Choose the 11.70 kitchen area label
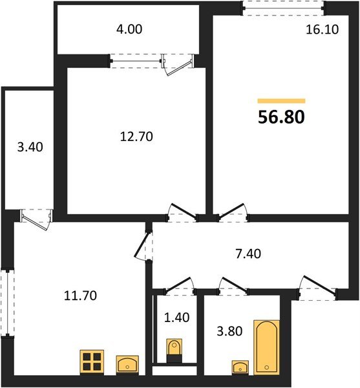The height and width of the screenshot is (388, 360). pyautogui.click(x=81, y=296)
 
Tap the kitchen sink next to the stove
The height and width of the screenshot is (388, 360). pyautogui.click(x=127, y=365)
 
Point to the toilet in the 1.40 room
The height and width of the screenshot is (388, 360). pyautogui.click(x=174, y=351)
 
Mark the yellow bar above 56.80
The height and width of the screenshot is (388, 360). pyautogui.click(x=281, y=102)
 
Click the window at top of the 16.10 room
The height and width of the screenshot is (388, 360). pyautogui.click(x=282, y=8)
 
